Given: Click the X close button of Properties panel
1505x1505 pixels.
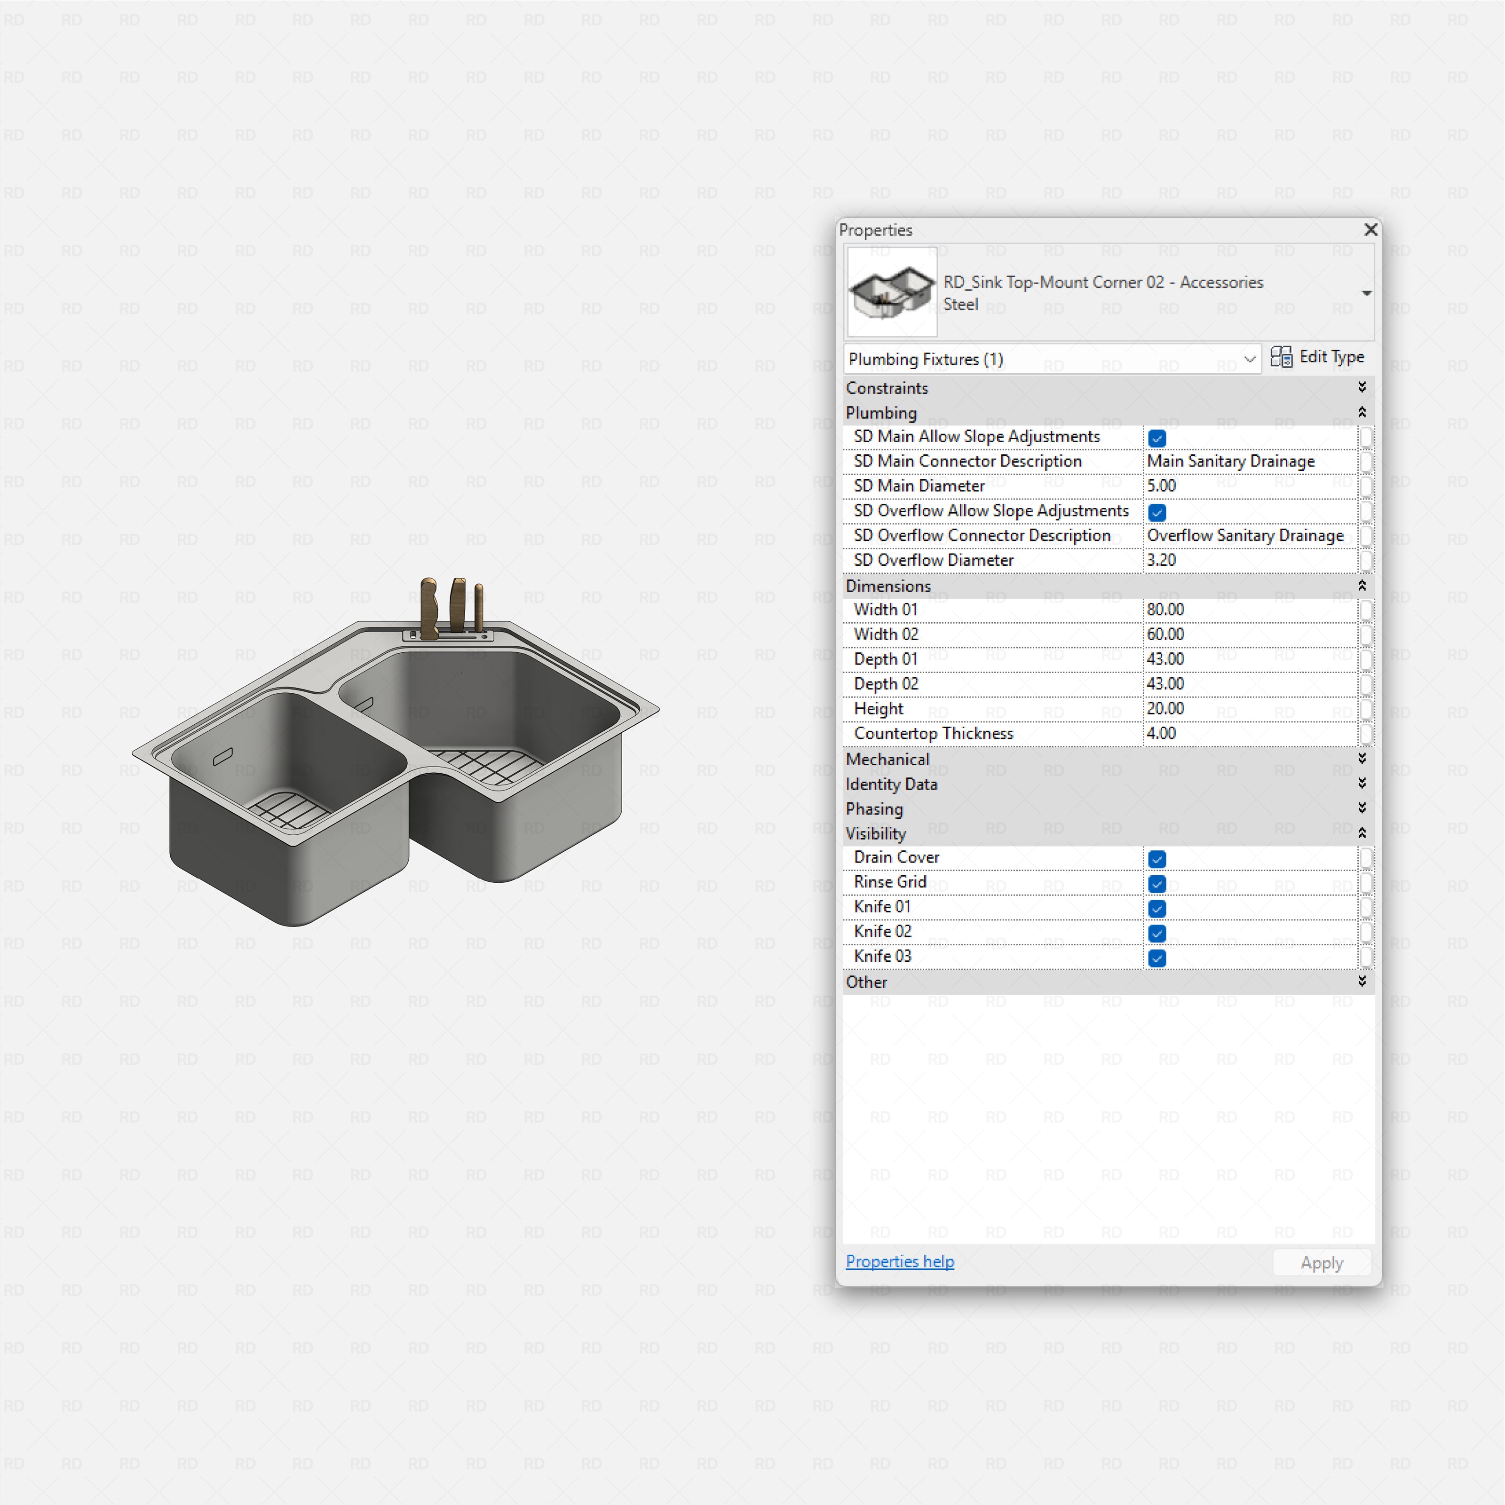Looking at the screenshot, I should pos(1370,230).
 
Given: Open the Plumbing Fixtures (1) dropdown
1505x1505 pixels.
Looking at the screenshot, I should pos(1052,359).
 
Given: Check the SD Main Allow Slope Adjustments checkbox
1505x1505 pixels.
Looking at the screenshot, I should pos(1157,438).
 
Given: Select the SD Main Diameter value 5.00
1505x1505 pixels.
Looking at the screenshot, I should pos(1162,486).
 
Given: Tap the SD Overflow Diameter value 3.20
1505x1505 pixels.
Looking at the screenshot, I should pos(1162,560).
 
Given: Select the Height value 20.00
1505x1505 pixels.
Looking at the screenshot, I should pos(1165,709).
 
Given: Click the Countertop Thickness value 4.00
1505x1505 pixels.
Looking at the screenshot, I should pos(1162,734).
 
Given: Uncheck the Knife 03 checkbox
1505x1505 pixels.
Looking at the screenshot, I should pos(1157,958).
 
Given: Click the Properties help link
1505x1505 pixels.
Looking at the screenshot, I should pos(900,1261).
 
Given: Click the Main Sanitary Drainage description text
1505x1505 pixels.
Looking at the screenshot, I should pos(1231,461).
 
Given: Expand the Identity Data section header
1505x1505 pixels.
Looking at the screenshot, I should pos(892,784).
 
